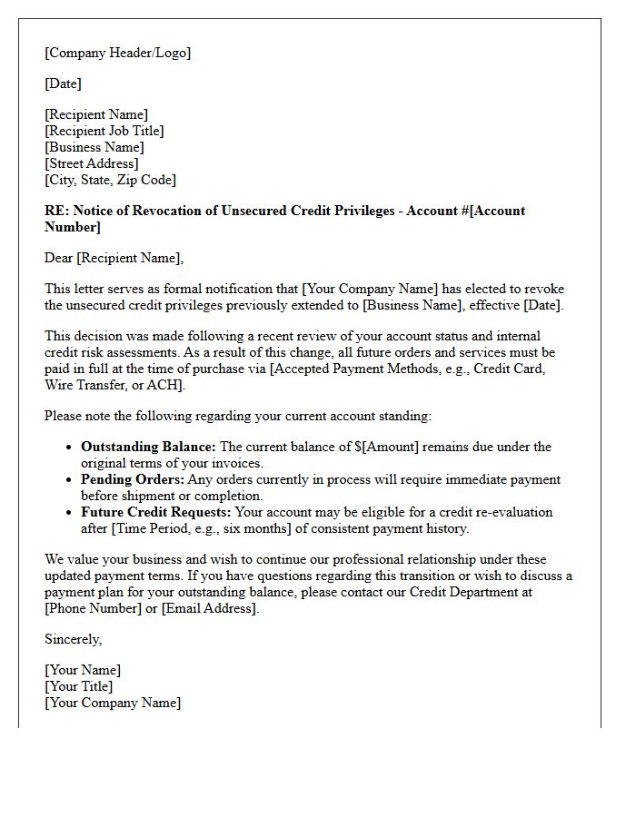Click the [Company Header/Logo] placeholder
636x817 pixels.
click(x=118, y=53)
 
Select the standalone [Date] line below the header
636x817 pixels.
click(x=64, y=84)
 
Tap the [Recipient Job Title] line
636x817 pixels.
click(x=104, y=131)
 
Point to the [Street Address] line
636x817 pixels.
click(x=92, y=163)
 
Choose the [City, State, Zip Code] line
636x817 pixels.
click(x=111, y=180)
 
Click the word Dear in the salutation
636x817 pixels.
click(x=59, y=258)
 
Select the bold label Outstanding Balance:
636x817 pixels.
click(x=149, y=447)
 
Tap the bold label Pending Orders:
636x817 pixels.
click(x=133, y=479)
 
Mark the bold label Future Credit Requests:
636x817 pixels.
click(x=156, y=512)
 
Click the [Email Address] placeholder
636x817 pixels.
click(x=209, y=608)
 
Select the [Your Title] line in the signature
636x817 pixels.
click(x=79, y=686)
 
